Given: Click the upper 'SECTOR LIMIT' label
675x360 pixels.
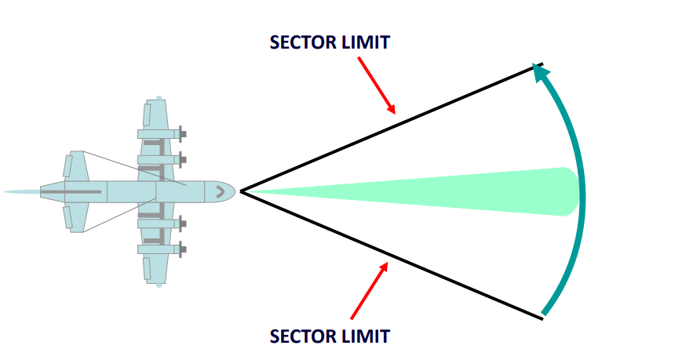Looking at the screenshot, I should tap(329, 42).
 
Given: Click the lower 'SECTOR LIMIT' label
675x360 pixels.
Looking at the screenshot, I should tap(329, 336).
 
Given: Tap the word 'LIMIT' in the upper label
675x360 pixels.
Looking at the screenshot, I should tap(366, 42).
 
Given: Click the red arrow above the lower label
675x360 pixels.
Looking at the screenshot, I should tap(369, 290).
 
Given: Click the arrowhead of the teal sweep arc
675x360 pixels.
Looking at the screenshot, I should tap(538, 71).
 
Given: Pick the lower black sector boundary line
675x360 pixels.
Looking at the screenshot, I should tap(392, 255).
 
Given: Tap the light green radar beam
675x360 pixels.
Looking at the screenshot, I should tap(432, 191).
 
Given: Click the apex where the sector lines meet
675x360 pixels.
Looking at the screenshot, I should tap(240, 191).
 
